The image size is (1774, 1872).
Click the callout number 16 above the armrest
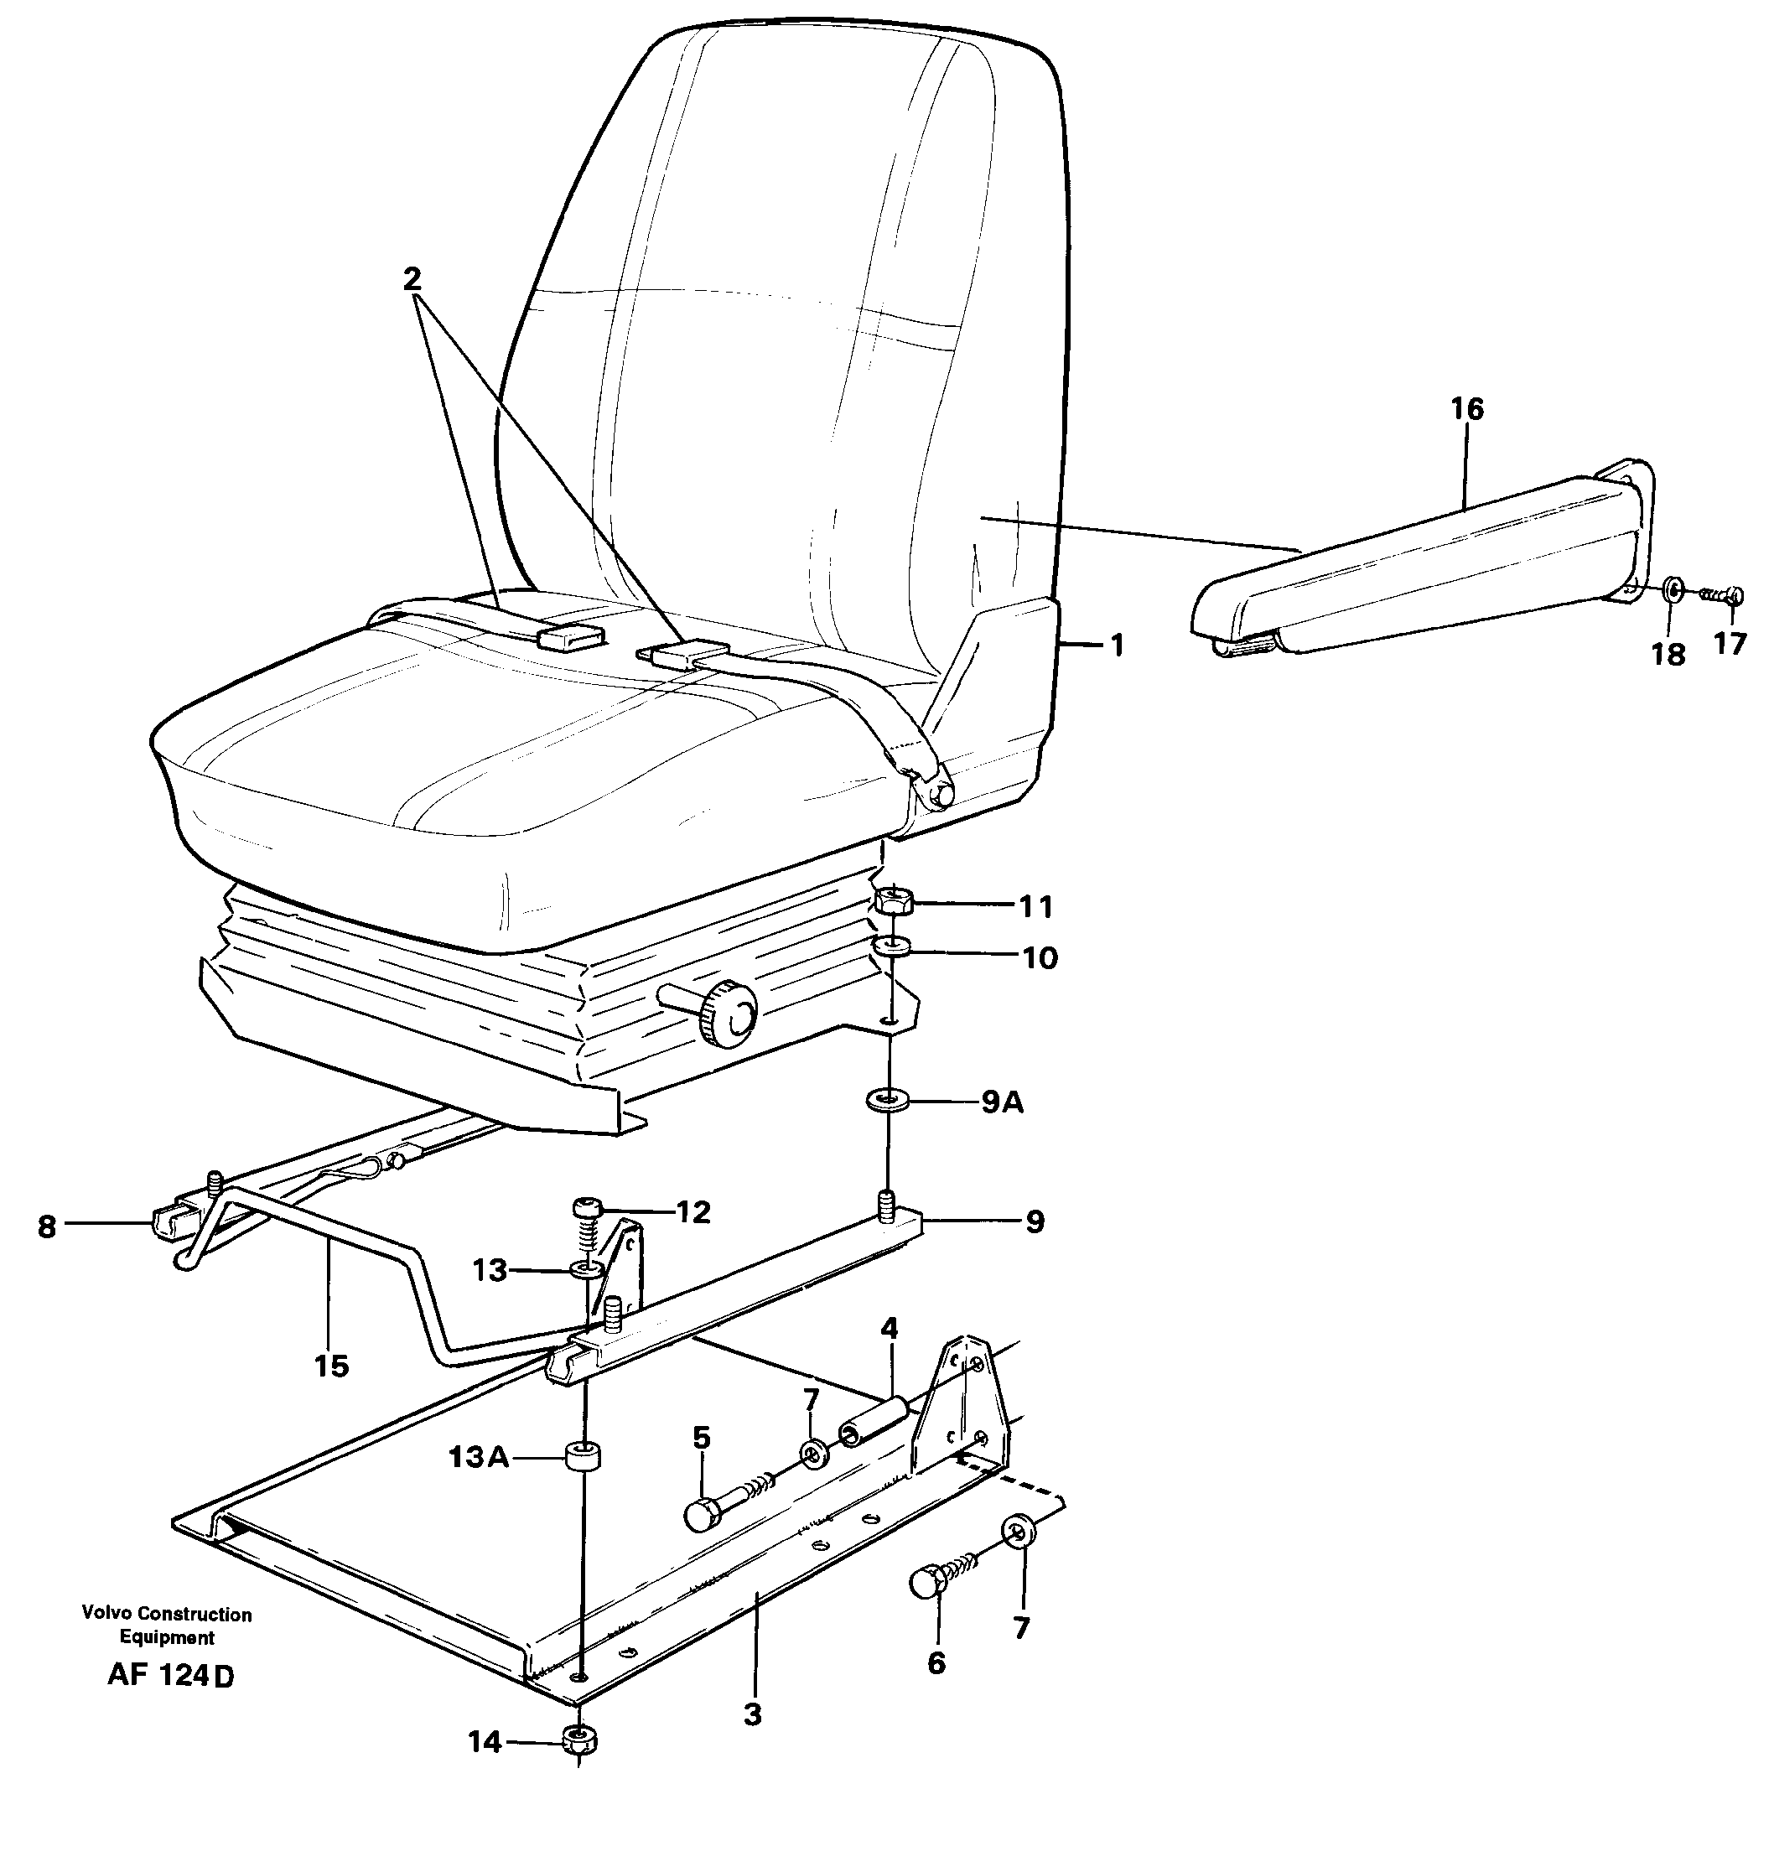[x=1468, y=409]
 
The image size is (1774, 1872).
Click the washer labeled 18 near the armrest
[x=1672, y=591]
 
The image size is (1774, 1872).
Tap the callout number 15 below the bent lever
[x=332, y=1366]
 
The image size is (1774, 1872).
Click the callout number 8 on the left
[x=47, y=1227]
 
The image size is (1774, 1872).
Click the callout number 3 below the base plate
[x=752, y=1714]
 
